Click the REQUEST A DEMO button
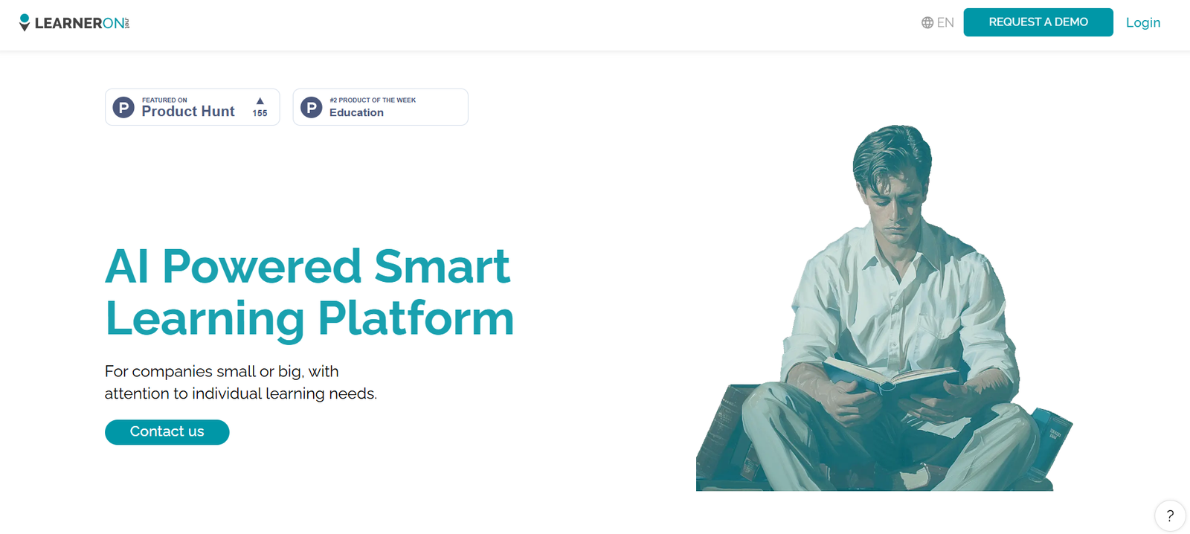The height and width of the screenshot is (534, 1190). click(1038, 22)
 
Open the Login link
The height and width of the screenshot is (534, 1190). click(1143, 22)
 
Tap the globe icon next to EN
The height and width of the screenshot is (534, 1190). click(927, 22)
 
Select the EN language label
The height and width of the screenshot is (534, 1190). click(945, 22)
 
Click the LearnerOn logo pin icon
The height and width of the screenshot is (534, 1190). click(25, 22)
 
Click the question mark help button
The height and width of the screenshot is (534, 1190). click(1170, 515)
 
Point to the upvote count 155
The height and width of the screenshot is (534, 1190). click(260, 113)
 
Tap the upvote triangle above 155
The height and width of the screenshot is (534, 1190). click(260, 101)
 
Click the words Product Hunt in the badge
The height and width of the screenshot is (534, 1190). click(188, 111)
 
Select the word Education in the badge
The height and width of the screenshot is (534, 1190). click(356, 112)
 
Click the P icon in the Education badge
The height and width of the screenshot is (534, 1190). click(312, 107)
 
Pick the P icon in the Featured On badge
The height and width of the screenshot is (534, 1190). click(123, 107)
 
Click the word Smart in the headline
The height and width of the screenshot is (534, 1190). click(442, 266)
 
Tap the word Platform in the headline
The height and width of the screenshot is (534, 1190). click(416, 318)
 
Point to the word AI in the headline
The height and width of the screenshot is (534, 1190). click(126, 266)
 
